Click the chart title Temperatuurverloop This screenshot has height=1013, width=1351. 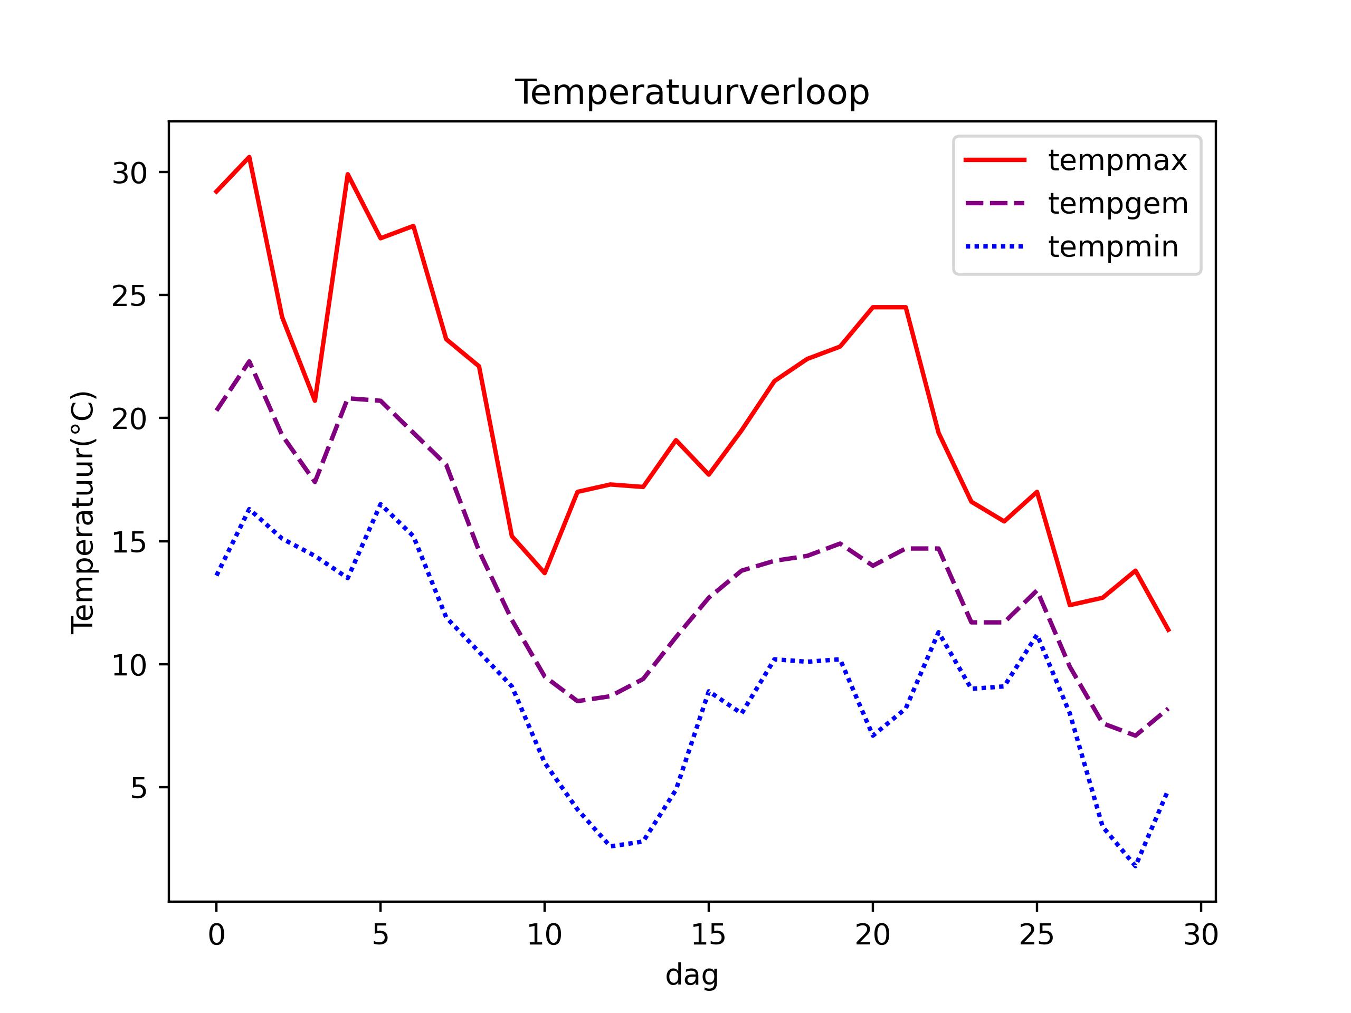692,93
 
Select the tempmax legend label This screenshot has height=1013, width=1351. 1117,160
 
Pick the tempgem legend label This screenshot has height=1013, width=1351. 1118,204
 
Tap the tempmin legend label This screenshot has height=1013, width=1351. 1113,247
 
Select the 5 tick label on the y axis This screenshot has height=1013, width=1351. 139,788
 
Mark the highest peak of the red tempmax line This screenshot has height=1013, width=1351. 249,157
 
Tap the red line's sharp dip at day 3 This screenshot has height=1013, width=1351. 315,401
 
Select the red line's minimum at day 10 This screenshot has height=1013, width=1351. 544,573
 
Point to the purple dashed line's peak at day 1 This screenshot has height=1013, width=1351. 249,361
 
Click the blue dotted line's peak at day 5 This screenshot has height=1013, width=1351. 380,504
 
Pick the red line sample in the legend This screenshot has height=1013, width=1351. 995,160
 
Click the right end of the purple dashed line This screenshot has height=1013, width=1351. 1168,709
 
